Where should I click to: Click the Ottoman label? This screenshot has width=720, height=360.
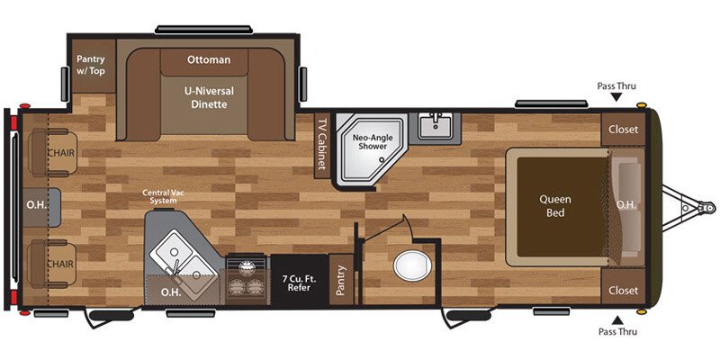click(x=209, y=60)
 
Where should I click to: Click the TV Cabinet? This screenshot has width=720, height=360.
click(x=319, y=144)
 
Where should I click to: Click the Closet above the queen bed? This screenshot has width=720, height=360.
click(x=623, y=129)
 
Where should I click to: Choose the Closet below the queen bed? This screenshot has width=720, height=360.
click(x=623, y=290)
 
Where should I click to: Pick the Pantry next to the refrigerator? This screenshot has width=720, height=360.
click(x=341, y=282)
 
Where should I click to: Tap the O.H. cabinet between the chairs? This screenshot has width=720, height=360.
click(x=38, y=205)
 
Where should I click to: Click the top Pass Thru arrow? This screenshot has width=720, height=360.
click(x=616, y=96)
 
